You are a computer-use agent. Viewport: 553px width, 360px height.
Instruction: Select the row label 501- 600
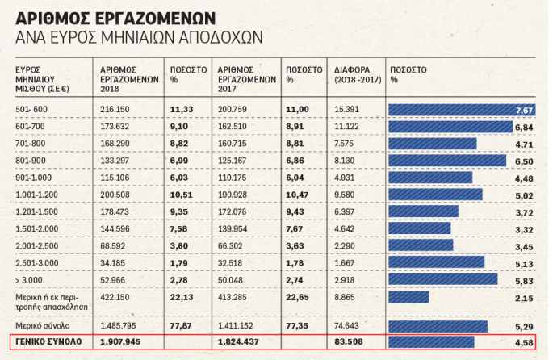[x=32, y=109]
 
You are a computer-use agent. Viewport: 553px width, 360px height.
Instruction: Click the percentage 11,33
[x=178, y=109]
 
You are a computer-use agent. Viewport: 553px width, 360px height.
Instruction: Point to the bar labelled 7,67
[x=461, y=110]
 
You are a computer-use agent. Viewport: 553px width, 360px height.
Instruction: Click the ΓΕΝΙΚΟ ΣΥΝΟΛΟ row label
[x=47, y=343]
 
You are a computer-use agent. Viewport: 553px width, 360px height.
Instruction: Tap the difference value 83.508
[x=350, y=343]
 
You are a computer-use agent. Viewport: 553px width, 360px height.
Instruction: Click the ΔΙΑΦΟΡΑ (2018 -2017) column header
[x=356, y=74]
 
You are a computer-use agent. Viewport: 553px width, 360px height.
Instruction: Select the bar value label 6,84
[x=525, y=128]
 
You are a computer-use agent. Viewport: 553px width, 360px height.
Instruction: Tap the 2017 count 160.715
[x=235, y=144]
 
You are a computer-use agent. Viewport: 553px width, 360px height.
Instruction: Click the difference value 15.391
[x=349, y=109]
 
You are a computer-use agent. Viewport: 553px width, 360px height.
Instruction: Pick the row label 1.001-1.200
[x=38, y=195]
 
